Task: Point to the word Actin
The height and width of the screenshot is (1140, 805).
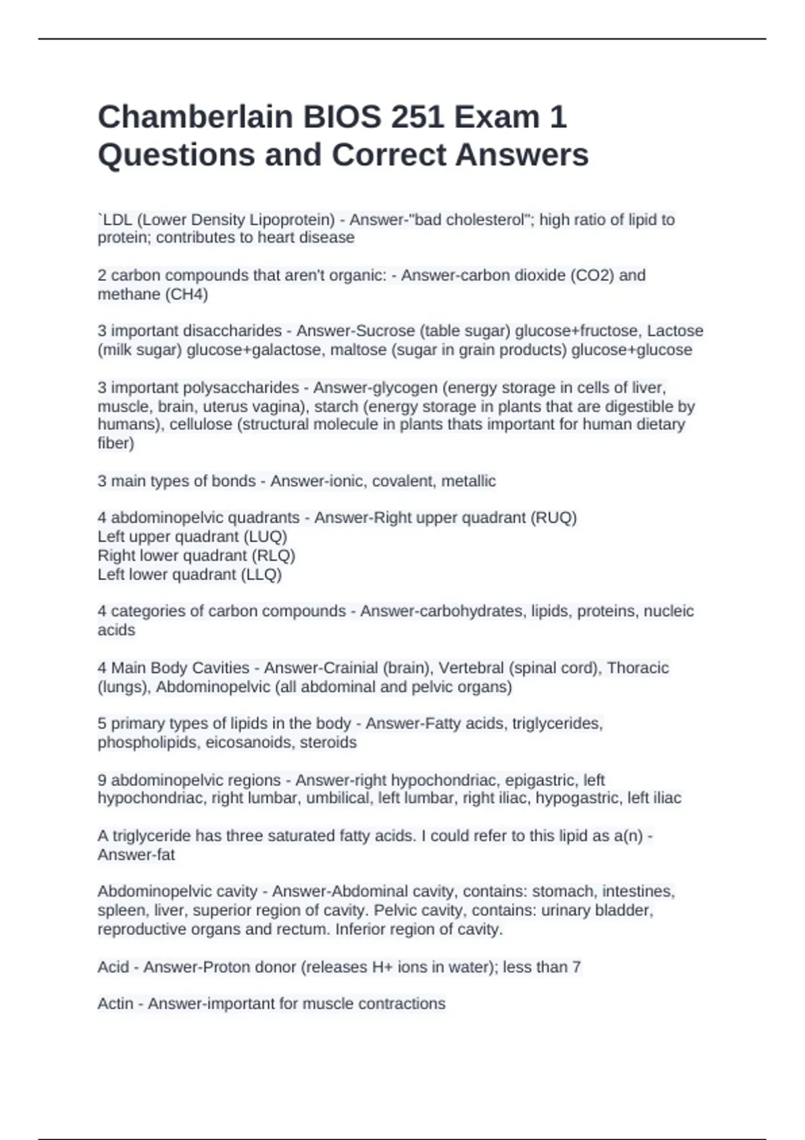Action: pos(115,1004)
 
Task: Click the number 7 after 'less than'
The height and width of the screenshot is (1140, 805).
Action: pos(577,967)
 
